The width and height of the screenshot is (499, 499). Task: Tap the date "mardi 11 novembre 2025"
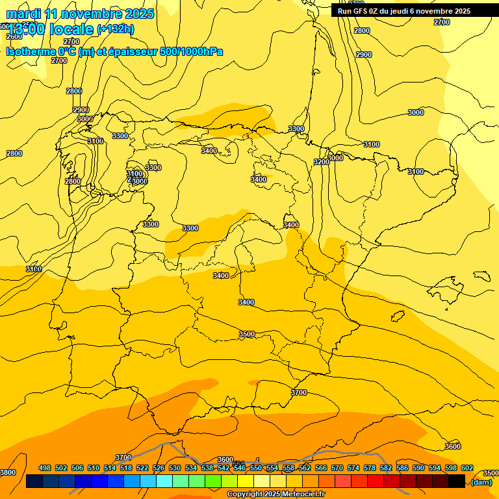[x=80, y=14]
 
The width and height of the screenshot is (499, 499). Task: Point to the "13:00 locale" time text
[x=51, y=29]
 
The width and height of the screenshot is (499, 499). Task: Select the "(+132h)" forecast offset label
[x=115, y=29]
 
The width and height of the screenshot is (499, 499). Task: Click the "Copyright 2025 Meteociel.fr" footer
[x=275, y=494]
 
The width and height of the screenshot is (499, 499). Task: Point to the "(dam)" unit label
[x=481, y=481]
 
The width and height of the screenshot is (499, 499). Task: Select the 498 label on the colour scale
[x=45, y=468]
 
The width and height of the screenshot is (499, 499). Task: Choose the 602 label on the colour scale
[x=467, y=468]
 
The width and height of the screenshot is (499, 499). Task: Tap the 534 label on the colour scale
[x=191, y=468]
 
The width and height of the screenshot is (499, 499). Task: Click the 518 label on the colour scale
[x=126, y=468]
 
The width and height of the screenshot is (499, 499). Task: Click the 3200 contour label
[x=321, y=162]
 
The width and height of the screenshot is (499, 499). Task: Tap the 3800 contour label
[x=8, y=472]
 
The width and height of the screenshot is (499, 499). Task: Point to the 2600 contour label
[x=14, y=36]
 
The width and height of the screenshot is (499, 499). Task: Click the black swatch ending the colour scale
[x=457, y=481]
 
